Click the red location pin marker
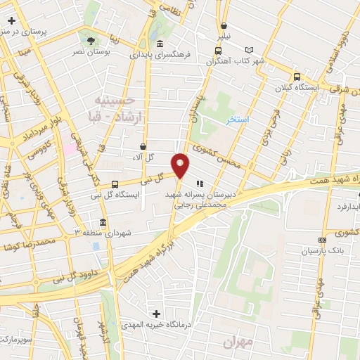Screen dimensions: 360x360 tap(181, 165)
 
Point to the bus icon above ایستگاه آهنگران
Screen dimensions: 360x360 tap(217, 49)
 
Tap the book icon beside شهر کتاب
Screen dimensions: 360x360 tap(247, 49)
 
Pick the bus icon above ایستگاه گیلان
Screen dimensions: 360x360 tap(297, 77)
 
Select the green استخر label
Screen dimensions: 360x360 tap(238, 120)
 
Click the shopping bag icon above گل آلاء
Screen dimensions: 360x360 tap(143, 147)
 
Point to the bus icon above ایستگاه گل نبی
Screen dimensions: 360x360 tap(115, 184)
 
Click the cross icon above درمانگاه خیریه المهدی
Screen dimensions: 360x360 tap(156, 313)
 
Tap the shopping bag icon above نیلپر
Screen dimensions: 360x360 tap(224, 23)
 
